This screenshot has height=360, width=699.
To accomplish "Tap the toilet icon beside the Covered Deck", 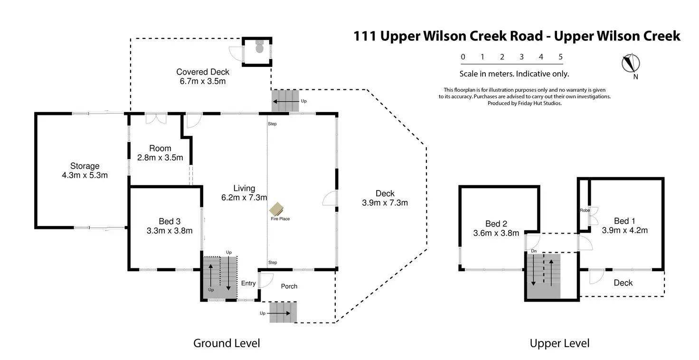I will click(x=259, y=47).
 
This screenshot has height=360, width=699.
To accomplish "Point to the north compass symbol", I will click(x=631, y=64).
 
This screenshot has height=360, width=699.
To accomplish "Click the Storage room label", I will click(x=85, y=166).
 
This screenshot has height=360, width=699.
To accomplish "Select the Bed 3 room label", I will click(x=170, y=221).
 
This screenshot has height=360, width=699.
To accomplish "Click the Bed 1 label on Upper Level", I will click(x=624, y=221).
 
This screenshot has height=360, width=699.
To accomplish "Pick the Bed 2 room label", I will click(x=496, y=224).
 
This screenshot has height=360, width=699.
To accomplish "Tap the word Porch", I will click(x=289, y=286).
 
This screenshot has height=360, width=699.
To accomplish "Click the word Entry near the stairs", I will click(x=248, y=284).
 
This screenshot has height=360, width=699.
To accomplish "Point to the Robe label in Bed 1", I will click(x=585, y=210).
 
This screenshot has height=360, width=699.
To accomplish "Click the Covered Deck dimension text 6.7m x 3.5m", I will click(x=202, y=81).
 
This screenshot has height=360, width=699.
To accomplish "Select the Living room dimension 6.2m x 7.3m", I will click(x=244, y=198).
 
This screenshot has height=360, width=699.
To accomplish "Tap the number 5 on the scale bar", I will click(x=561, y=57).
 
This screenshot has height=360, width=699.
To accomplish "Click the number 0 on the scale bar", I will click(x=463, y=57).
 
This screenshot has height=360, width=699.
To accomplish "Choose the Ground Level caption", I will click(x=227, y=343).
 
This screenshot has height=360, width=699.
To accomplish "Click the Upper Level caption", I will click(x=559, y=343).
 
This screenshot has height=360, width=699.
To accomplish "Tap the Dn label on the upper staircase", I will click(x=534, y=251).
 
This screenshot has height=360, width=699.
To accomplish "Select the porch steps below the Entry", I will click(x=283, y=313).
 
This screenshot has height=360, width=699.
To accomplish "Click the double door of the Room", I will click(x=156, y=118).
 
